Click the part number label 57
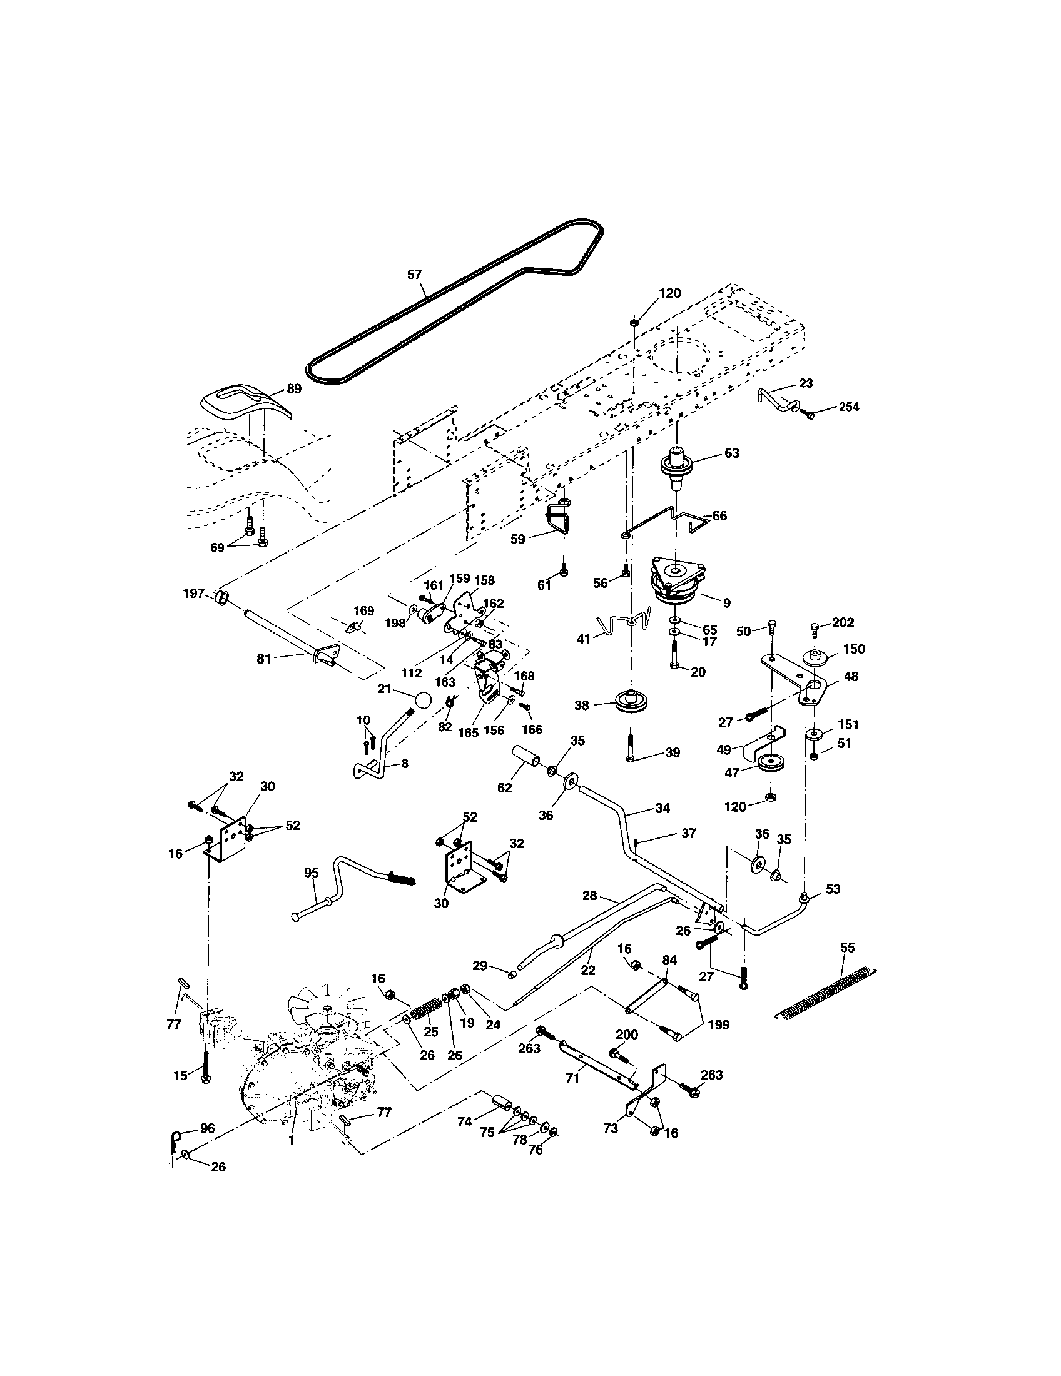[x=414, y=275]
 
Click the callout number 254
[x=848, y=407]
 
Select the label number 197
[x=194, y=594]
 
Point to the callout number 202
[x=843, y=622]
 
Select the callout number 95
[x=312, y=873]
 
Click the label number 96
[x=206, y=1128]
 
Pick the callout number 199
[x=718, y=1025]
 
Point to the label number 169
[x=363, y=610]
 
